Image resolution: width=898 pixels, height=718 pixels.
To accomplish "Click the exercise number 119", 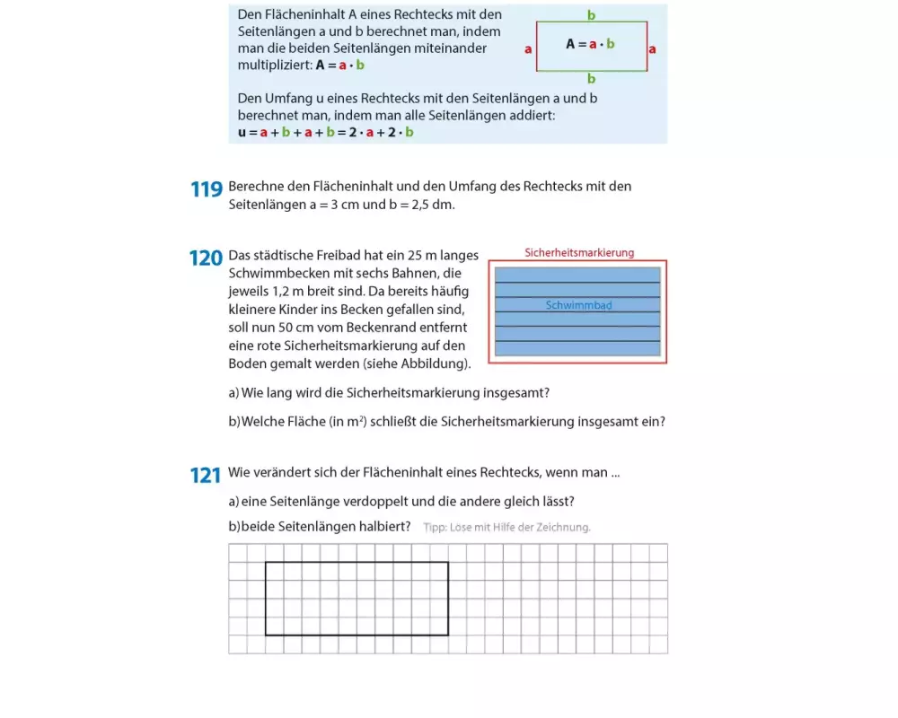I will [x=206, y=190].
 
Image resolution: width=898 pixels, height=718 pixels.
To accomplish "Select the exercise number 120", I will [x=206, y=258].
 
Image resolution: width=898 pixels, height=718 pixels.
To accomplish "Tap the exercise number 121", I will [x=206, y=476].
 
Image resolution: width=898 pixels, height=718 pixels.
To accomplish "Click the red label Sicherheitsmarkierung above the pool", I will [x=579, y=253].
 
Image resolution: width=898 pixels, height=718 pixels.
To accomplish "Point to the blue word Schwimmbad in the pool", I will [x=578, y=306].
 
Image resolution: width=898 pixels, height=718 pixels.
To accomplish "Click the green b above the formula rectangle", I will [x=591, y=15].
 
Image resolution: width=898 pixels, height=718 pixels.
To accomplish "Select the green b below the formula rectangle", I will [x=591, y=79].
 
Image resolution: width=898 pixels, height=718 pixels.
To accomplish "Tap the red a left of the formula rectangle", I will [x=528, y=49].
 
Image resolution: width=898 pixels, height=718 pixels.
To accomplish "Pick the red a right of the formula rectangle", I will [x=652, y=49].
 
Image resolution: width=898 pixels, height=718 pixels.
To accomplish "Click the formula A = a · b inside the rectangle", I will [x=590, y=44].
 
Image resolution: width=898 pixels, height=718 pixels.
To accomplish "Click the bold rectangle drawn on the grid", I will [x=357, y=563].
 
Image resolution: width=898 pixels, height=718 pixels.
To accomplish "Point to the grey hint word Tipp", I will [x=435, y=528].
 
